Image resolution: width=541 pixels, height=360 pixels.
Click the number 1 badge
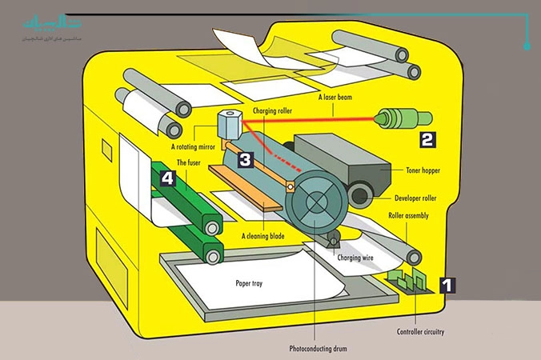[x=448, y=284]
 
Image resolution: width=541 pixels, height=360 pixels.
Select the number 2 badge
[x=427, y=138]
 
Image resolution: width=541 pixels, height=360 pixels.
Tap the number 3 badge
[x=245, y=159]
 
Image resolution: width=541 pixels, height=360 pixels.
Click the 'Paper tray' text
[x=250, y=282]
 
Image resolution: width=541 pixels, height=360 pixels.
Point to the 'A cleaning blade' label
[x=264, y=236]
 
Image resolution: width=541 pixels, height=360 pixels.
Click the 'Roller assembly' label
[x=408, y=216]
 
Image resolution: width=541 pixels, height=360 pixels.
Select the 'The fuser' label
[x=189, y=162]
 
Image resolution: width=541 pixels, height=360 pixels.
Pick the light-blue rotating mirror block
[x=230, y=124]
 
